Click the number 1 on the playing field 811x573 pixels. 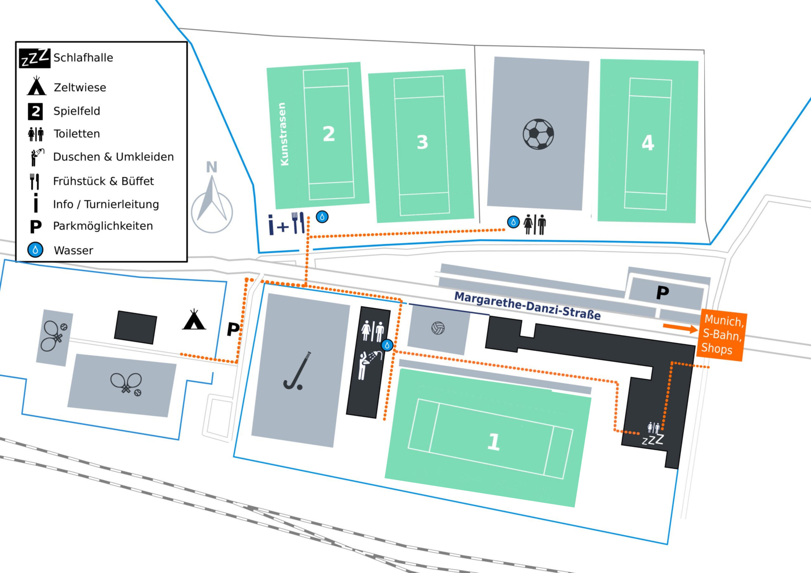(x=494, y=442)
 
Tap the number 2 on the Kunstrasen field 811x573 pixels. (x=329, y=134)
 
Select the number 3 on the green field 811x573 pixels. (x=423, y=142)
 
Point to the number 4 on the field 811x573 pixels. (x=648, y=143)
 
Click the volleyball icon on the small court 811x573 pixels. (x=438, y=328)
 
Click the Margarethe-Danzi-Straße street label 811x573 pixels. (x=527, y=306)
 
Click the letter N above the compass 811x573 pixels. (x=212, y=167)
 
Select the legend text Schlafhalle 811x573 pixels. (x=83, y=58)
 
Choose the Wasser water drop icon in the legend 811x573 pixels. (x=35, y=250)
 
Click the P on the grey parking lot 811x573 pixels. (x=663, y=293)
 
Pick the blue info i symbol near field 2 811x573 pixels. (x=271, y=224)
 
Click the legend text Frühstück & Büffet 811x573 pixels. (x=104, y=181)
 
